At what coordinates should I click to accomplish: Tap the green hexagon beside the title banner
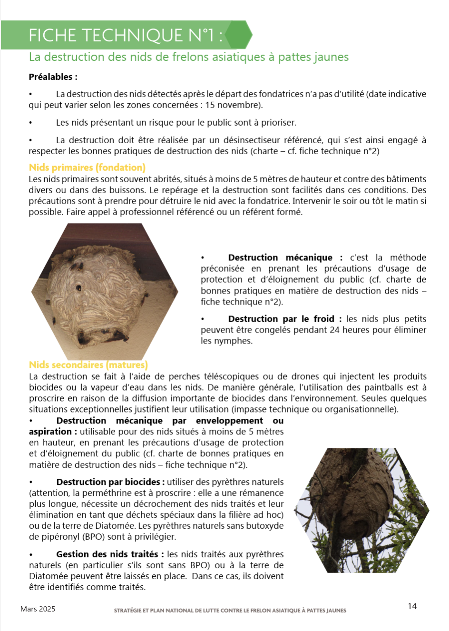[238, 35]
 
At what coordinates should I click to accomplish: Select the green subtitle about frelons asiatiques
[189, 57]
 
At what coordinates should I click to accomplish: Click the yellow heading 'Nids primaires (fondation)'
[87, 168]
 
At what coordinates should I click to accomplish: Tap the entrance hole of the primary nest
[78, 287]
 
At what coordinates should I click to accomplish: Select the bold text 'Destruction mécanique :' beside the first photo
[285, 257]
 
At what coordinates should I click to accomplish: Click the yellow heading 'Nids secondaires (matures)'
[88, 365]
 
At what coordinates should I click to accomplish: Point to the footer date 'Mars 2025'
[38, 609]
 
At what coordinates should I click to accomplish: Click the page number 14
[412, 606]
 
